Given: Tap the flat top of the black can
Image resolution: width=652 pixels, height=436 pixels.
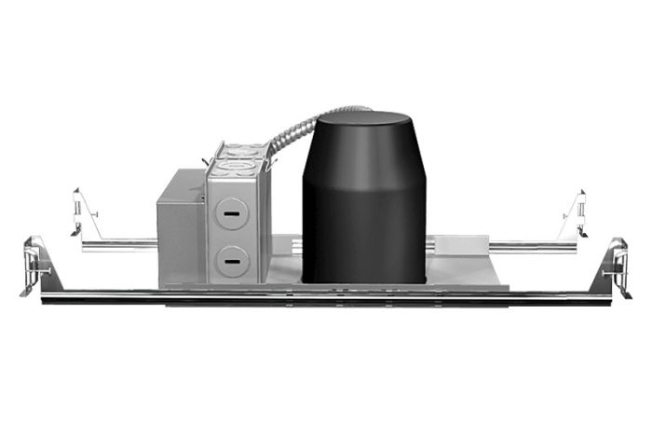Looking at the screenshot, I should [362, 121].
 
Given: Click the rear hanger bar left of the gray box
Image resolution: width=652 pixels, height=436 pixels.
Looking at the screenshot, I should [119, 245].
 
